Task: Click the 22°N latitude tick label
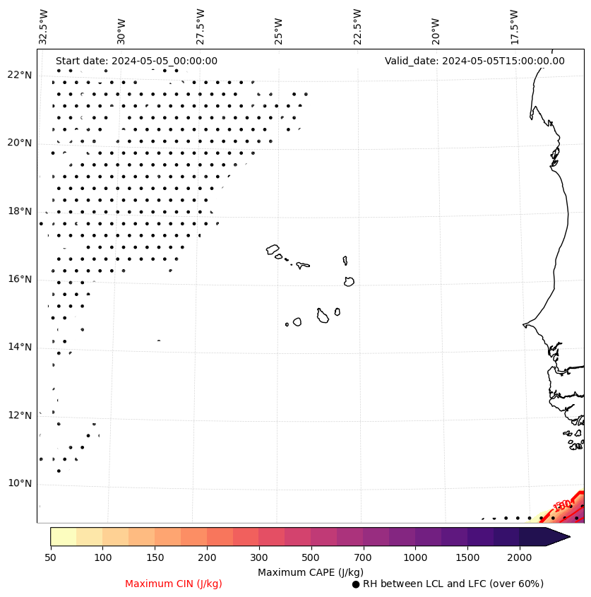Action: (20, 76)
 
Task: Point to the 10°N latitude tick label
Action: (20, 484)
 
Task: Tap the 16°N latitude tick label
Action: (20, 280)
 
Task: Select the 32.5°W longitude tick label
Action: (44, 27)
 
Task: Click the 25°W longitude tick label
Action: (278, 27)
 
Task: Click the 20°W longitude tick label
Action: (435, 27)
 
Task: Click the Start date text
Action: (136, 61)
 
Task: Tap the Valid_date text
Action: (474, 61)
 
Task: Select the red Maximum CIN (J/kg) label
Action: (174, 584)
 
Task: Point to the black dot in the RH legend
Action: (356, 584)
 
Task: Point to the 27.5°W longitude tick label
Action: (201, 27)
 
